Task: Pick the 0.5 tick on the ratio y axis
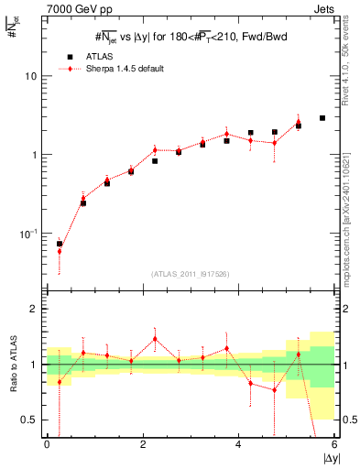click(x=29, y=420)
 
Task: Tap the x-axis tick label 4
click(x=239, y=444)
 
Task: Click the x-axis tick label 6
click(x=334, y=444)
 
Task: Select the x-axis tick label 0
click(x=47, y=444)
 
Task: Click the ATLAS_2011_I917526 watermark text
click(x=190, y=275)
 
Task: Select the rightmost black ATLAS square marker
click(x=322, y=118)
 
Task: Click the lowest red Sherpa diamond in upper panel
click(x=60, y=251)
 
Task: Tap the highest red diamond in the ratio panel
click(x=155, y=338)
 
